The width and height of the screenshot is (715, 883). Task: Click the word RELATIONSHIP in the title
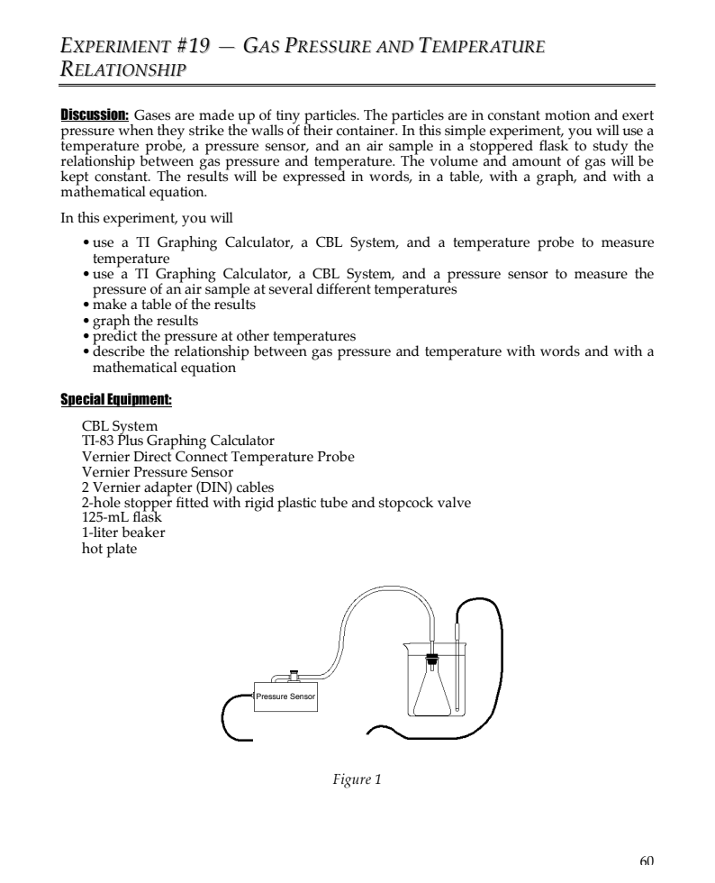124,69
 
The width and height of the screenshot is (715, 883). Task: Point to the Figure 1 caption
357,779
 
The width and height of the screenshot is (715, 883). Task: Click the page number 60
646,860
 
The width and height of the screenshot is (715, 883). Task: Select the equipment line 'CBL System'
120,426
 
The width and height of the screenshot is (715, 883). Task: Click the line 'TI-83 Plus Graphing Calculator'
177,441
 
